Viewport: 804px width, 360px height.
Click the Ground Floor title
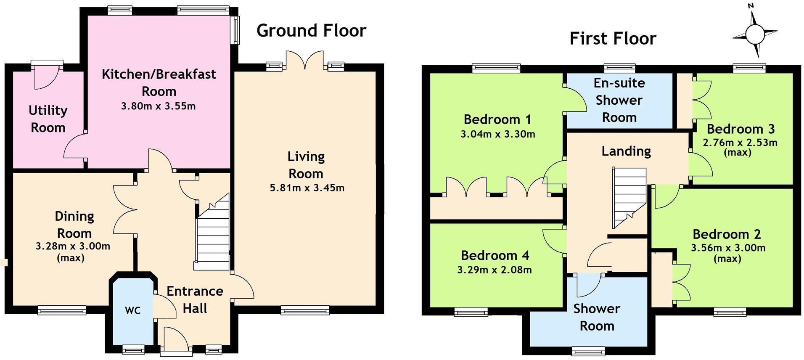pos(311,31)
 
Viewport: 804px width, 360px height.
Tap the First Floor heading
pos(612,39)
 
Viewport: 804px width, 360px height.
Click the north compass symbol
pos(755,34)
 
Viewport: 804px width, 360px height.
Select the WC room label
pos(132,311)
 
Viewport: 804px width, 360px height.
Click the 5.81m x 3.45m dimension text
pos(307,188)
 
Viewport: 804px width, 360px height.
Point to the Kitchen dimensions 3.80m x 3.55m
pos(158,106)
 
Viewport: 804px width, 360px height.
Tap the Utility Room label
pos(48,119)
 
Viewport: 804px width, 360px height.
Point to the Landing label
pos(626,151)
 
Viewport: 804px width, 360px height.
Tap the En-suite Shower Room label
pos(619,100)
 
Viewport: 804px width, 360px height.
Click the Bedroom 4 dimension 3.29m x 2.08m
pos(495,270)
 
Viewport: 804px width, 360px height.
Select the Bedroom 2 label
pos(727,234)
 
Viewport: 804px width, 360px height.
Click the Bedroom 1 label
pos(497,119)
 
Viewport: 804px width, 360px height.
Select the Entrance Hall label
pos(195,299)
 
